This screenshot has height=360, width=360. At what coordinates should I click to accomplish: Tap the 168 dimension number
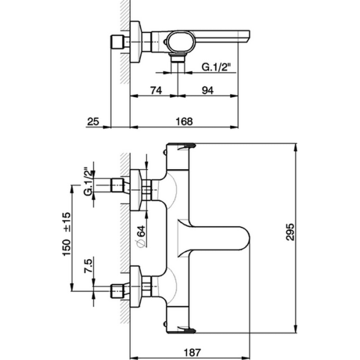click(184, 121)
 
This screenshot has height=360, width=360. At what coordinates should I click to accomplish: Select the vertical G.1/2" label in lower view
click(88, 182)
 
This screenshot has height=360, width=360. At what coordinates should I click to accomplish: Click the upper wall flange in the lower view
click(138, 188)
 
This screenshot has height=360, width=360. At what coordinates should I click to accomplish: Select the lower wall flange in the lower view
click(138, 289)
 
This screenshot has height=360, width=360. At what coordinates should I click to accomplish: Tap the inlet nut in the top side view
click(117, 44)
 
